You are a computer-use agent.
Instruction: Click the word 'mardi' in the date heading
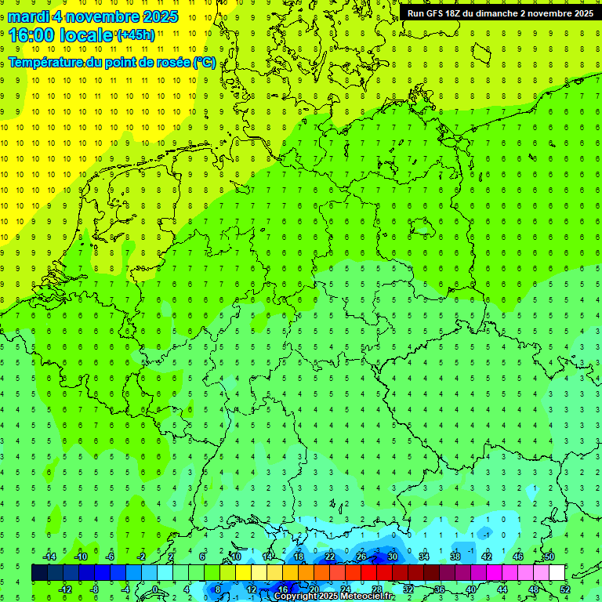[29, 16]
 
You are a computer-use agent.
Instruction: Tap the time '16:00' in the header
[34, 35]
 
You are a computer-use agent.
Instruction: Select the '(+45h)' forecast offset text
[136, 34]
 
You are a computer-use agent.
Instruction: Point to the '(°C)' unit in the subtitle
[205, 62]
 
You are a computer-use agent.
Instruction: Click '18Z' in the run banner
[462, 13]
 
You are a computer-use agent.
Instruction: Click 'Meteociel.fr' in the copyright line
[368, 597]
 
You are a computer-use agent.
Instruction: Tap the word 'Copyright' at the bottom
[296, 597]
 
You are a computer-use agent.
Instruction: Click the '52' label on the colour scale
[564, 589]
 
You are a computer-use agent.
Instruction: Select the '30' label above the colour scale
[392, 557]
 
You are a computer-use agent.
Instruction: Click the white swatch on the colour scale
[557, 573]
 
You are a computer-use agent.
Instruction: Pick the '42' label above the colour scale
[486, 557]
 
